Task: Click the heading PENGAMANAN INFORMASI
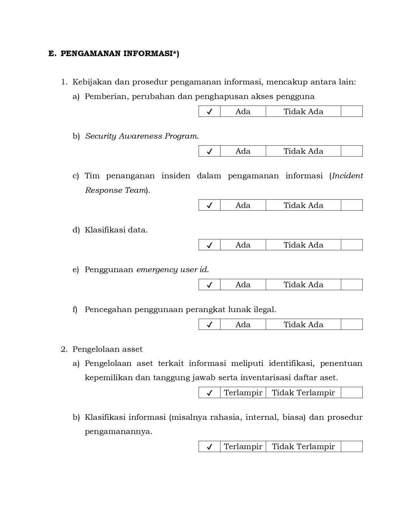pos(119,54)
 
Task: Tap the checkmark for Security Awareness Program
pos(210,151)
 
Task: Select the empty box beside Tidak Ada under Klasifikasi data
pos(352,245)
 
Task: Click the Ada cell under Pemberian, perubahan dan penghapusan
pos(243,112)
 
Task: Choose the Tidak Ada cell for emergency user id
pos(303,285)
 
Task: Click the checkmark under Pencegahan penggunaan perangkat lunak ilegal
pos(210,325)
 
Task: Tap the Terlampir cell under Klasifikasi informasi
pos(243,447)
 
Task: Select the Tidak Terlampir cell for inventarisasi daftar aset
pos(303,393)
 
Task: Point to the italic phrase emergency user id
pos(172,270)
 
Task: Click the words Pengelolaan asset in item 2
pos(107,349)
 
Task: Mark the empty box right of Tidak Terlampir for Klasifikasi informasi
pos(352,447)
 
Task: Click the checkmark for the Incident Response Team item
pos(210,205)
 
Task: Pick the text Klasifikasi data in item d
pos(116,230)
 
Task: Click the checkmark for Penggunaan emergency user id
pos(210,285)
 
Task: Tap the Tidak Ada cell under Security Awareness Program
pos(303,151)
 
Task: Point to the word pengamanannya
pos(118,431)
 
